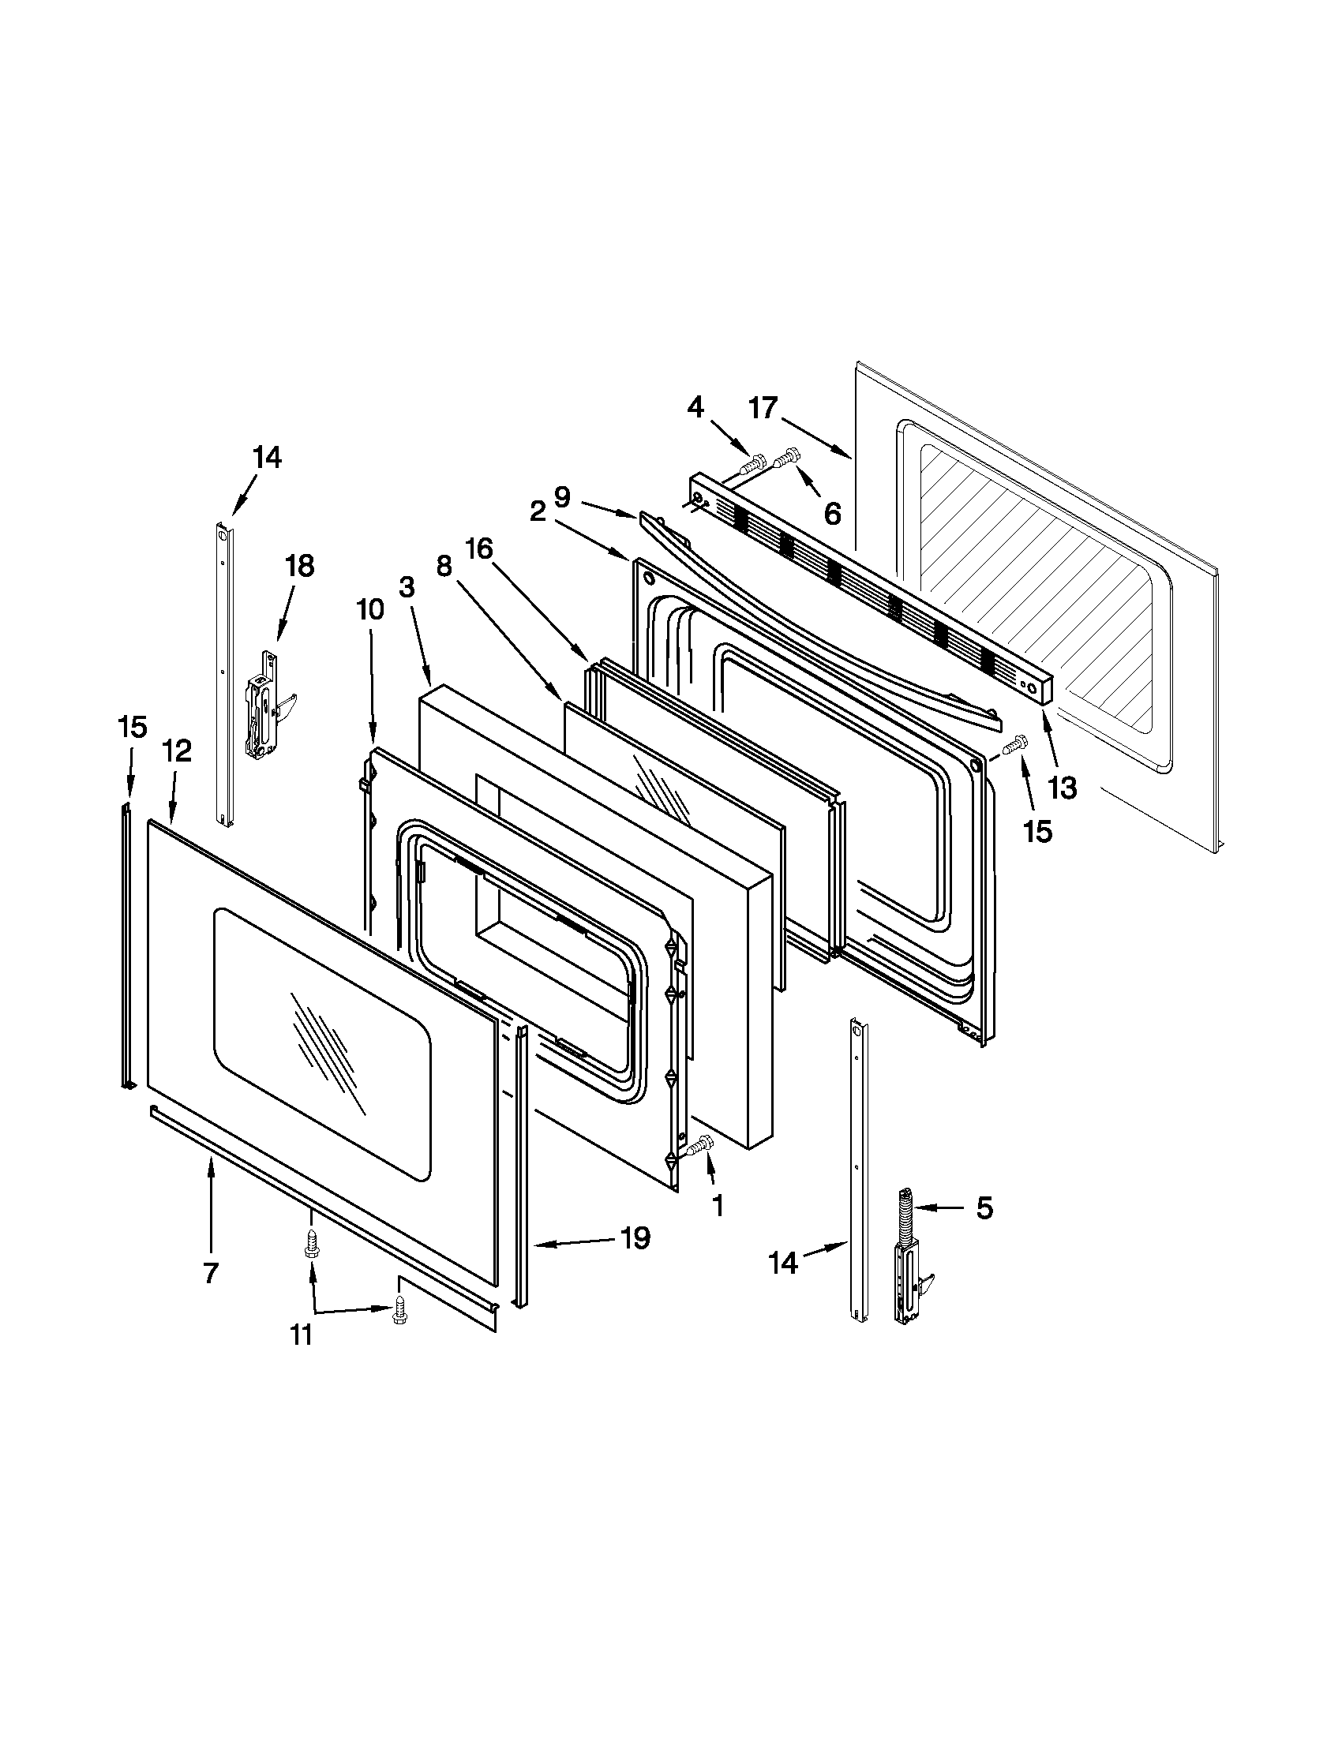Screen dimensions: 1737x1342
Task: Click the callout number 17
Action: pyautogui.click(x=762, y=408)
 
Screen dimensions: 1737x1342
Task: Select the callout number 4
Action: pyautogui.click(x=695, y=407)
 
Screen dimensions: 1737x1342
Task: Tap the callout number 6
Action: pyautogui.click(x=832, y=515)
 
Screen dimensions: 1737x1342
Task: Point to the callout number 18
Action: pyautogui.click(x=300, y=566)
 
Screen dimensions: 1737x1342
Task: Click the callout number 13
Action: pyautogui.click(x=1062, y=788)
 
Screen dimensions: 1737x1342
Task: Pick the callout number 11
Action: pyautogui.click(x=301, y=1335)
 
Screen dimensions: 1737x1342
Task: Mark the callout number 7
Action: pyautogui.click(x=210, y=1273)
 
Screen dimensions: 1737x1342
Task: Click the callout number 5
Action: pyautogui.click(x=984, y=1207)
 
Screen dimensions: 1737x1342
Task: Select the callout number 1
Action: pyautogui.click(x=717, y=1206)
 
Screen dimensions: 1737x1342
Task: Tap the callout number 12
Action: pyautogui.click(x=178, y=750)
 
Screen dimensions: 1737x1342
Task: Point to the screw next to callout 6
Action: pyautogui.click(x=788, y=456)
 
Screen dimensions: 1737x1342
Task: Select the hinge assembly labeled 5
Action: pyautogui.click(x=908, y=1263)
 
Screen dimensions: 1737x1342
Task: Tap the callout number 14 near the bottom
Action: pyautogui.click(x=783, y=1262)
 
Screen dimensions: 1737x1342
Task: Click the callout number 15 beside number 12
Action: pyautogui.click(x=132, y=726)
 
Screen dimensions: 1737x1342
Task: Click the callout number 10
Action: pyautogui.click(x=370, y=609)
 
